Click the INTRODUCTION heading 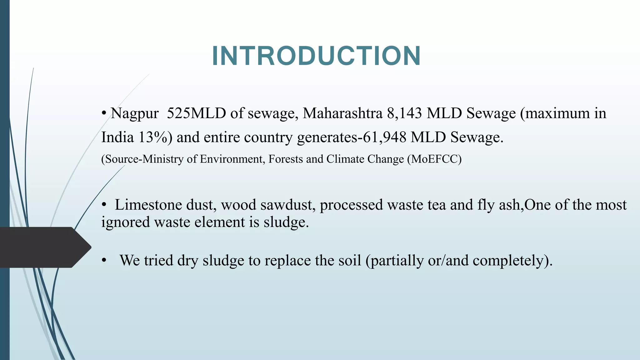(x=316, y=56)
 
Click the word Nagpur (x=135, y=113)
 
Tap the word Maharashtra (x=342, y=113)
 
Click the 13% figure (x=153, y=137)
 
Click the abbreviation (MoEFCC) (x=434, y=159)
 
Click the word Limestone (x=148, y=205)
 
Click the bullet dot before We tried (x=104, y=260)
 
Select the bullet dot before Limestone (x=104, y=205)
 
